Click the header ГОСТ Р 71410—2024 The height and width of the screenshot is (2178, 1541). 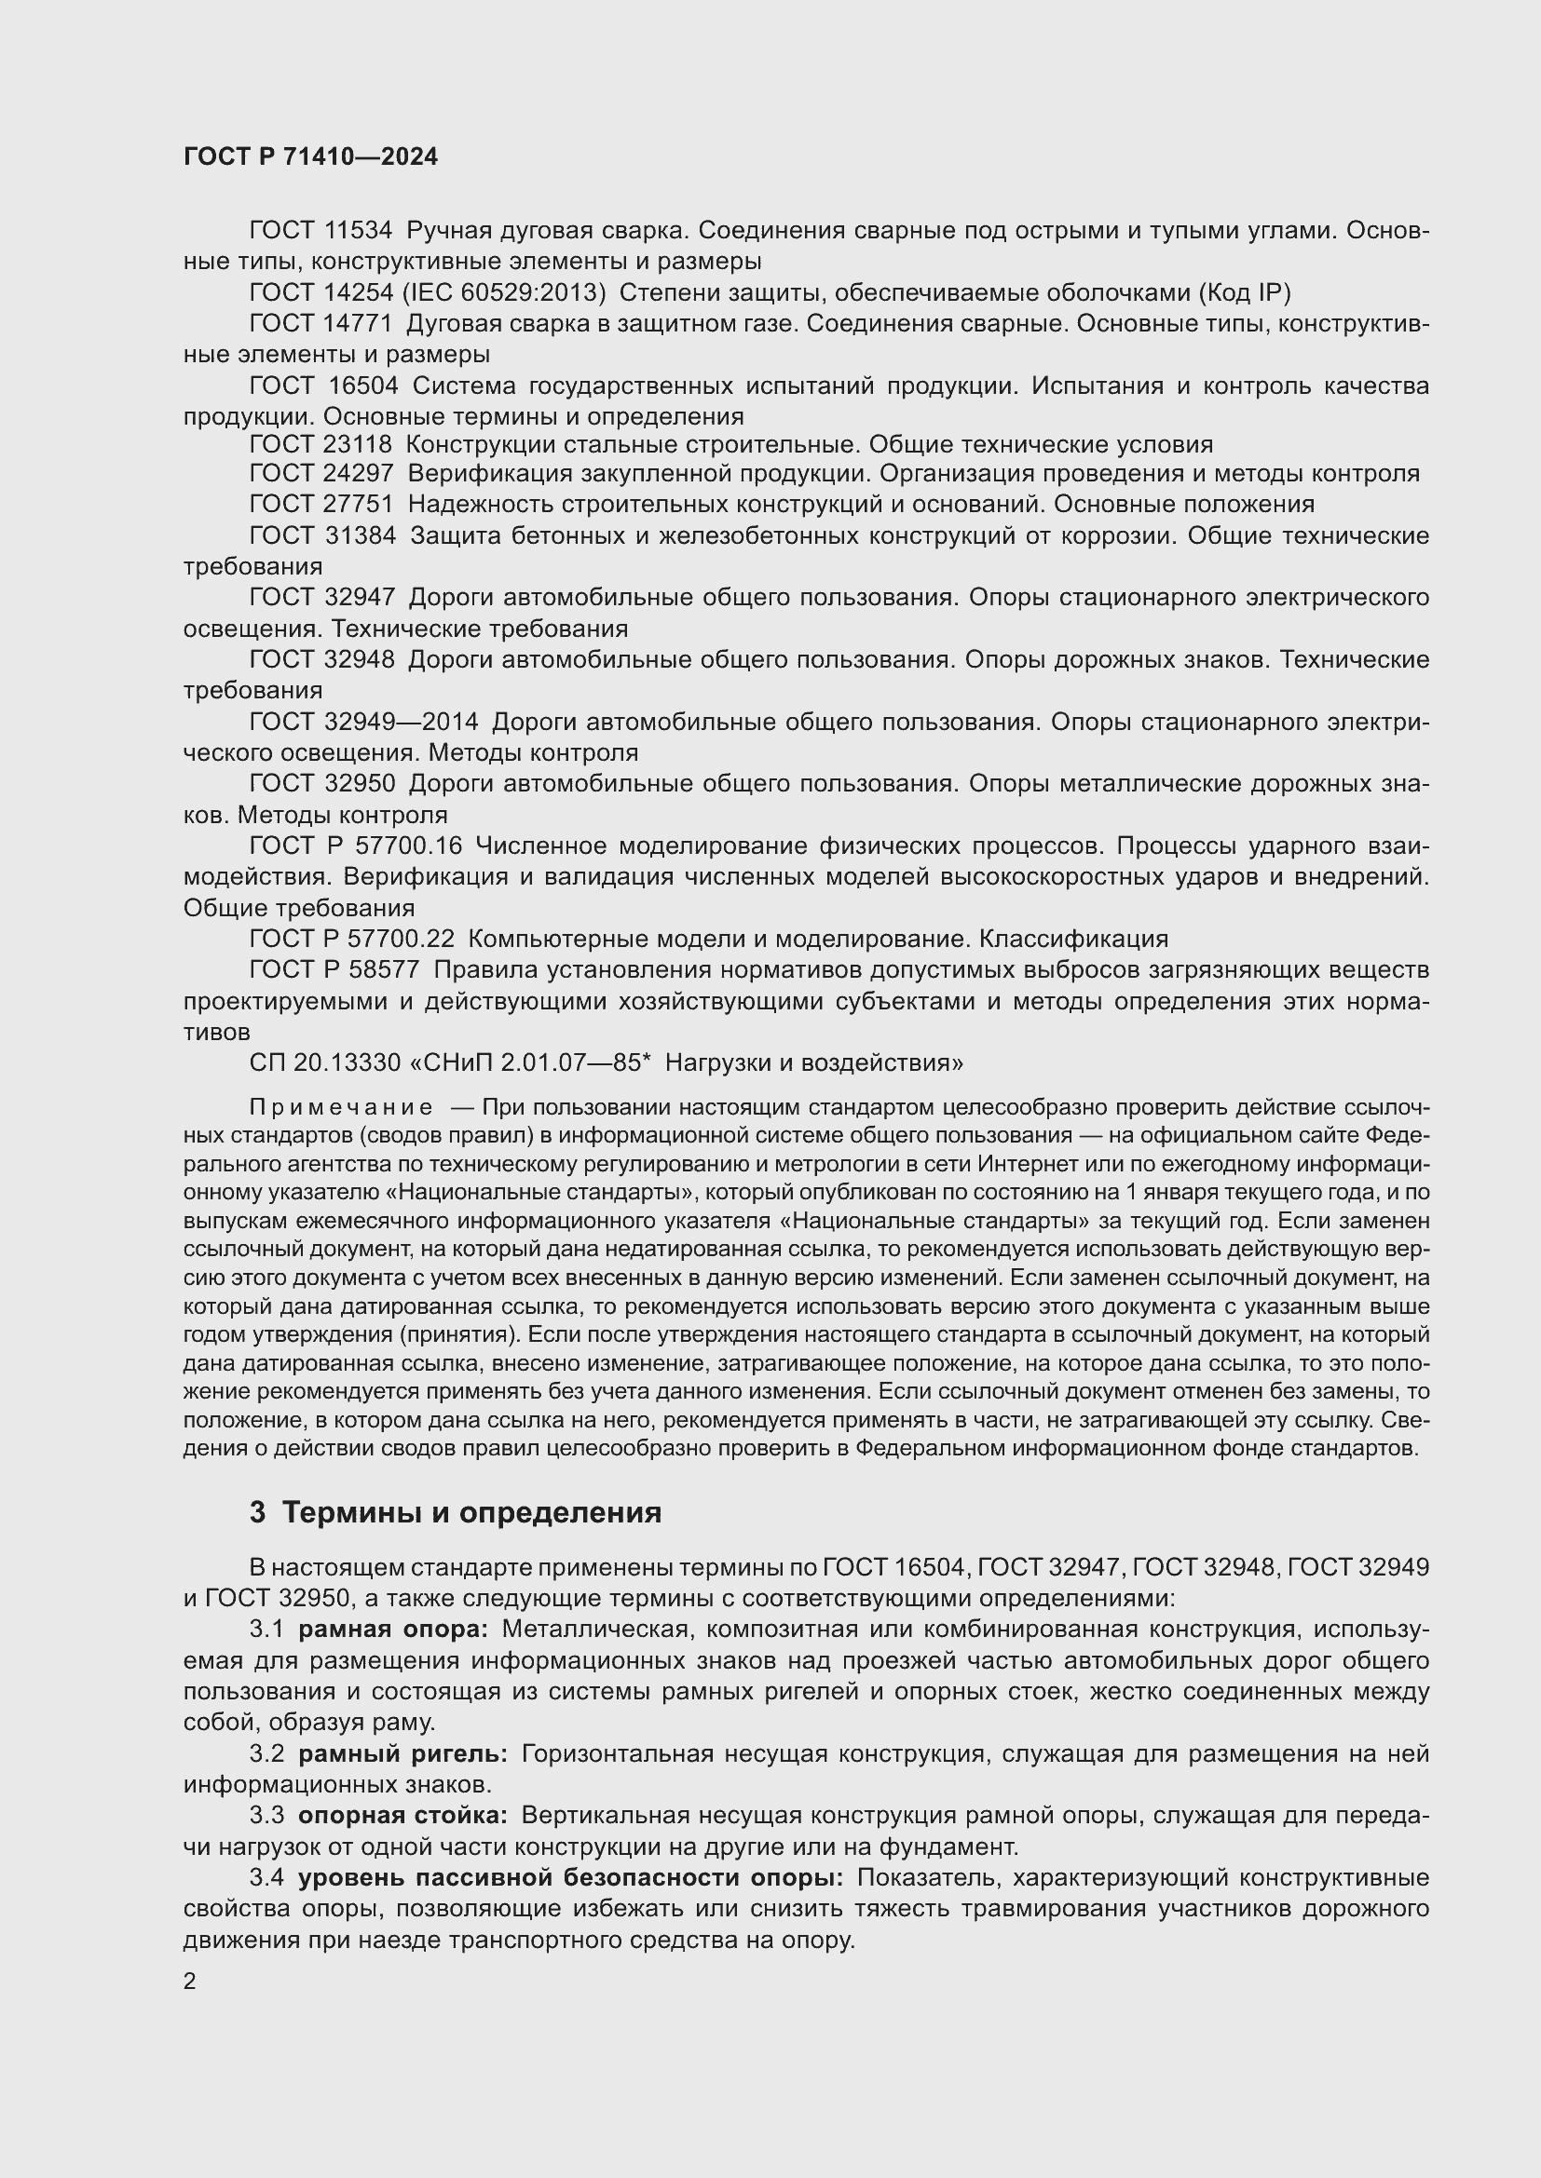coord(310,157)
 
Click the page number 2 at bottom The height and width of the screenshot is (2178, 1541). coord(190,1982)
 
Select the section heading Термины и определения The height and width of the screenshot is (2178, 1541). coord(471,1512)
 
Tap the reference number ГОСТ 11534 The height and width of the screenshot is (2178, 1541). coord(320,231)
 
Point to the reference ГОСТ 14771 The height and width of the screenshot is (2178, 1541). coord(320,323)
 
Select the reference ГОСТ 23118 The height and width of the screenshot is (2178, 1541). coord(320,444)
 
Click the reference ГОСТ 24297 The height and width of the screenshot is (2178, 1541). coord(320,473)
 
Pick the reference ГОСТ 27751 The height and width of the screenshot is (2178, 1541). coord(320,504)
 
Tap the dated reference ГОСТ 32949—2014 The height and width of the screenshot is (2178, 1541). coord(364,722)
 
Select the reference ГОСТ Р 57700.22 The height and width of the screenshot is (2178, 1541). coord(352,939)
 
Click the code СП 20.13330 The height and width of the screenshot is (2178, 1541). coord(325,1062)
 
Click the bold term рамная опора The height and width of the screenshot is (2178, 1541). coord(393,1630)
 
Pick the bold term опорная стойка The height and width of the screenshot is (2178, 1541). coord(402,1816)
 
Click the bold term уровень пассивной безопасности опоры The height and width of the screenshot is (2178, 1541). coord(570,1877)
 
